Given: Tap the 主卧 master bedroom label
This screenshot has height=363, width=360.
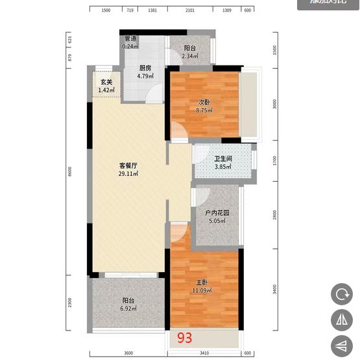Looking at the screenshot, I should tap(202, 282).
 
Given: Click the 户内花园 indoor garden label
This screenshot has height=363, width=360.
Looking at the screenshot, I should tap(217, 213).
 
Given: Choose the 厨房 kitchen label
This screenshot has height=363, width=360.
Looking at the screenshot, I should tap(145, 68).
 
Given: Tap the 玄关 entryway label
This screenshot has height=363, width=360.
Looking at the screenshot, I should tap(106, 82).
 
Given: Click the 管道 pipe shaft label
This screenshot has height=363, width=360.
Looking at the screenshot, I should tap(130, 39).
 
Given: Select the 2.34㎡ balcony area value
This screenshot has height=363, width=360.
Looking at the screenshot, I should tap(190, 56).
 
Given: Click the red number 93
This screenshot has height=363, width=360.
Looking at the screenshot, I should tap(185, 337).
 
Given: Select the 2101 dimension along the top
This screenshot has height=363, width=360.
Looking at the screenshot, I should tap(190, 11).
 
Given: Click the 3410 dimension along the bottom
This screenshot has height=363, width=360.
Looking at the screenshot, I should tap(204, 353).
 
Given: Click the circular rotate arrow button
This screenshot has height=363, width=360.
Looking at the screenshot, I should tap(341, 294).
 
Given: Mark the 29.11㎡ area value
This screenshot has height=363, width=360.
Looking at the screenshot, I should tap(128, 174).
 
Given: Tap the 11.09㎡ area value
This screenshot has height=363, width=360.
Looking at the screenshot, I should tap(202, 290).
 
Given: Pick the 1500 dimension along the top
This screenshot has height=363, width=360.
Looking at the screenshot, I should tap(106, 11).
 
